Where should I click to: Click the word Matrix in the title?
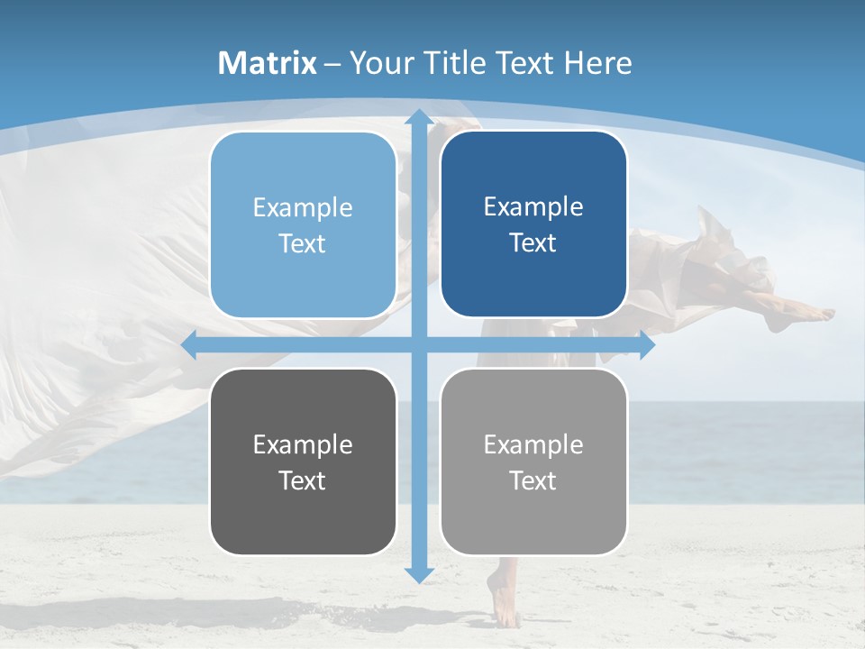tap(268, 63)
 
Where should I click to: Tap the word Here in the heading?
tap(598, 63)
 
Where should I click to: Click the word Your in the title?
tap(378, 63)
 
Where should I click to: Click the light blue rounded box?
tap(303, 224)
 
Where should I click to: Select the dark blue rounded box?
tap(533, 224)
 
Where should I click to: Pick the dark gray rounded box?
tap(303, 462)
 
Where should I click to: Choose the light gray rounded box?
tap(533, 462)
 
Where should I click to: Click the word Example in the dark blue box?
tap(533, 206)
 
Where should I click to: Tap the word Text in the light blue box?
tap(302, 243)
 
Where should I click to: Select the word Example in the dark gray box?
tap(303, 444)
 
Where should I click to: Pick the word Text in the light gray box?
tap(533, 480)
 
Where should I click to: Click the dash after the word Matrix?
tap(333, 64)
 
